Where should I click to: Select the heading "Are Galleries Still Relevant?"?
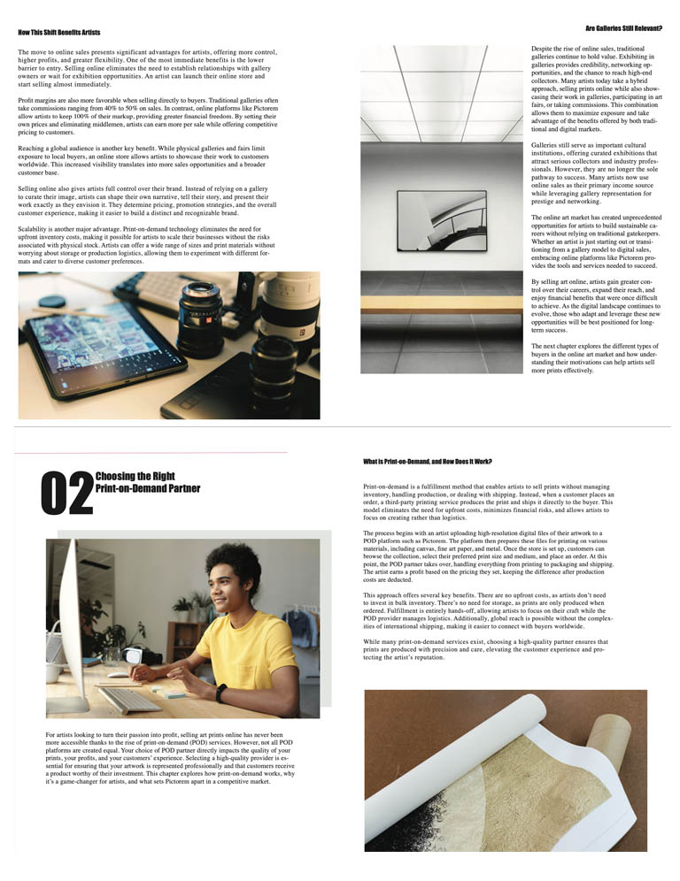tap(624, 28)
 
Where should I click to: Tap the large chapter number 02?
tap(67, 494)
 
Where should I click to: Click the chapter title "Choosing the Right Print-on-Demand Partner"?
tap(147, 482)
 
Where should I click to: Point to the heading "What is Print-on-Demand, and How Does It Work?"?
tap(428, 462)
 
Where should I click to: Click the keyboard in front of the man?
tap(129, 701)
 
